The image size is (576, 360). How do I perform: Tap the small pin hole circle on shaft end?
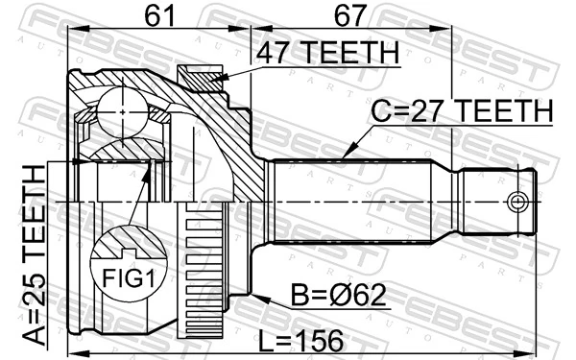(x=517, y=202)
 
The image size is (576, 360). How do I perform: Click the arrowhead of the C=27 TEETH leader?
(x=344, y=156)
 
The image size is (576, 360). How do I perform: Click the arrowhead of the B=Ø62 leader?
(x=253, y=299)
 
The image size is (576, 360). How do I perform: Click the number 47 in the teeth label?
(x=274, y=54)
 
